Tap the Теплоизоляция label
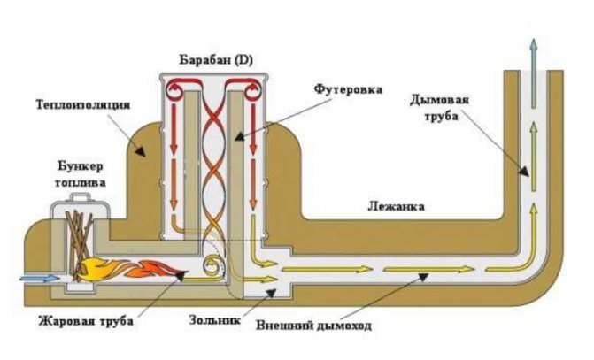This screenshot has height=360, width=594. pyautogui.click(x=83, y=103)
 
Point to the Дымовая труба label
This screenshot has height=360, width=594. pyautogui.click(x=436, y=106)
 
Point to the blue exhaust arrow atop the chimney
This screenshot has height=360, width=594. pyautogui.click(x=532, y=53)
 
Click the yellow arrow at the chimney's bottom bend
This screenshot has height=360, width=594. pyautogui.click(x=522, y=257)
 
